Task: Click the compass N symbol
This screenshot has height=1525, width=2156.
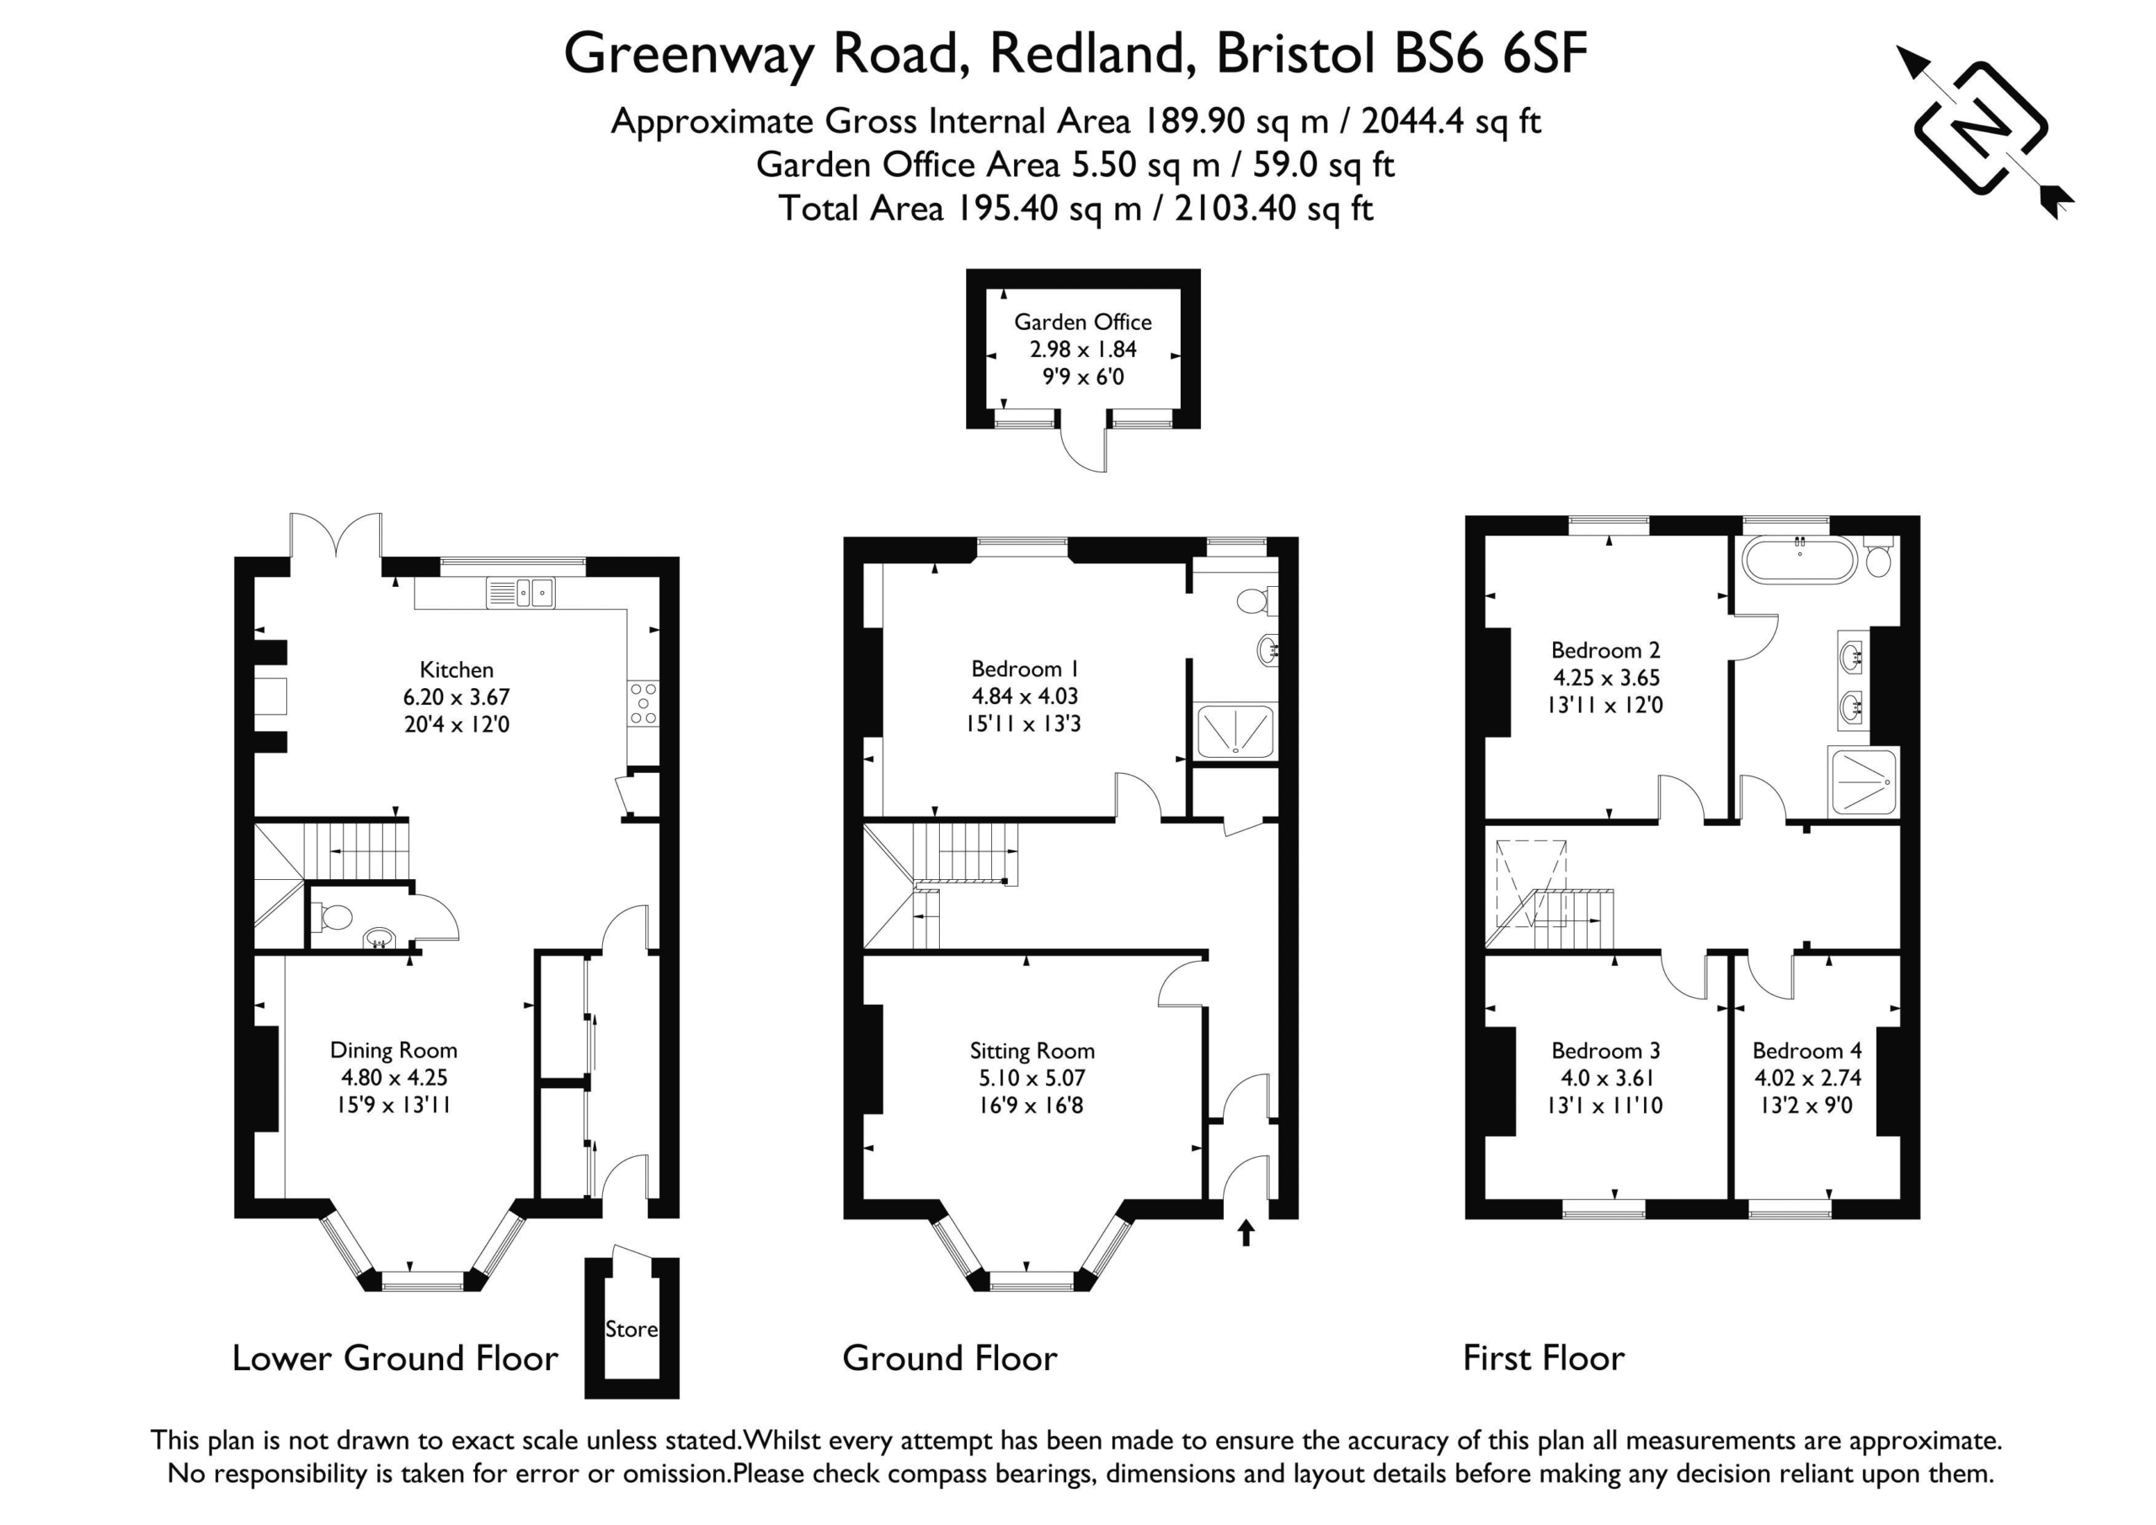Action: pyautogui.click(x=1982, y=129)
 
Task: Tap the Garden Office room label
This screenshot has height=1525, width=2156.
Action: pyautogui.click(x=1083, y=322)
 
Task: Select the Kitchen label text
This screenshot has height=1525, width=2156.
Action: pyautogui.click(x=456, y=669)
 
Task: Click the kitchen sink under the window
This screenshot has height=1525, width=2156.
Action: pyautogui.click(x=520, y=593)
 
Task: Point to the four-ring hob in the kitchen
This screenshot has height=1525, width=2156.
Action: pyautogui.click(x=644, y=704)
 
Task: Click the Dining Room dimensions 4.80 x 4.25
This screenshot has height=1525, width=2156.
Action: pyautogui.click(x=393, y=1077)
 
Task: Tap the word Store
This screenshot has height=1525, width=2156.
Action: pyautogui.click(x=631, y=1329)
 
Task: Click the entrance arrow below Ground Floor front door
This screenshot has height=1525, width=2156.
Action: pyautogui.click(x=1246, y=1233)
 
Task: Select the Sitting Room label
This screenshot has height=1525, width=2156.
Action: pyautogui.click(x=1032, y=1051)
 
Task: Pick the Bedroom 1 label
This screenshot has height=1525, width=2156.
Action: pyautogui.click(x=1024, y=669)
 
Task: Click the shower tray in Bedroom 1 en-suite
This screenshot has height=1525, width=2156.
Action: pyautogui.click(x=1235, y=732)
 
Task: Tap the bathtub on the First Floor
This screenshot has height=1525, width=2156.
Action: pyautogui.click(x=1799, y=561)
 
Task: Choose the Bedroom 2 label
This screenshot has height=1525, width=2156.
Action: pyautogui.click(x=1606, y=650)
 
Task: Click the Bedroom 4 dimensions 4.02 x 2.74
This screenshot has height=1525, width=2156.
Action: pyautogui.click(x=1807, y=1077)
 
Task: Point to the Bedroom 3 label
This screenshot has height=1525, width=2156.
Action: pyautogui.click(x=1606, y=1051)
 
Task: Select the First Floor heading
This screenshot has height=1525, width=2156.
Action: pyautogui.click(x=1544, y=1358)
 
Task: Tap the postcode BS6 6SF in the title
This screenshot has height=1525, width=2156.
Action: pyautogui.click(x=1490, y=54)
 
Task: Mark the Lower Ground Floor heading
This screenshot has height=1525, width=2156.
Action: pyautogui.click(x=395, y=1358)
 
